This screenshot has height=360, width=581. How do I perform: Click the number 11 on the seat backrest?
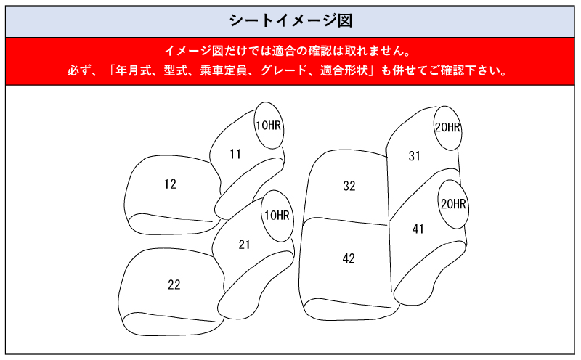(x=235, y=154)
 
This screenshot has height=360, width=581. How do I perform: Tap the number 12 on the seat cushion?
(x=170, y=184)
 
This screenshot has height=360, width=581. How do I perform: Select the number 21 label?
(x=244, y=245)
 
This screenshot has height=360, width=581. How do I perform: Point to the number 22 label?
(x=174, y=285)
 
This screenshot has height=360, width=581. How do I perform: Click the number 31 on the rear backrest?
(x=415, y=155)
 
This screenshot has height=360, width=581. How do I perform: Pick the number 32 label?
(x=349, y=186)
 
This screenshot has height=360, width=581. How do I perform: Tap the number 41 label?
(x=418, y=229)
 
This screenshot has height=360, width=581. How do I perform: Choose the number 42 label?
(x=349, y=258)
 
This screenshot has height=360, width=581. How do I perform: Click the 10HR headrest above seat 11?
(x=268, y=126)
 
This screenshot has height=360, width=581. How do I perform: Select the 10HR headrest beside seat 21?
(x=276, y=215)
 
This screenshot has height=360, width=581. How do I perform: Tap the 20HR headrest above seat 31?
(x=447, y=128)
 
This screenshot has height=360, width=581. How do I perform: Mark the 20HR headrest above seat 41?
(x=453, y=204)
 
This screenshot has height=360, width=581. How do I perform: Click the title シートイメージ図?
(x=290, y=20)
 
